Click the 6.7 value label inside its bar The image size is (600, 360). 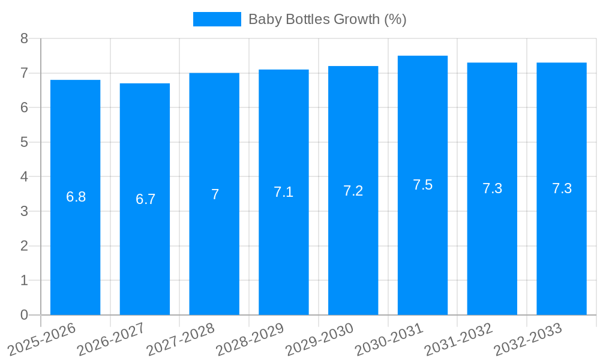coord(145,199)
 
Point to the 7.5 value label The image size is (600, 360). coord(422,185)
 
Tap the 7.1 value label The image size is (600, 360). coord(283,192)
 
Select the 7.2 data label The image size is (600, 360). coord(353,191)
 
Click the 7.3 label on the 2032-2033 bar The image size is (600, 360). coord(562,188)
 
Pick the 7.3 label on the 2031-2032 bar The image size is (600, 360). coord(492,188)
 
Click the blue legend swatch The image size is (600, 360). coord(217,19)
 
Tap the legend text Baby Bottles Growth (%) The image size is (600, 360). coord(327,19)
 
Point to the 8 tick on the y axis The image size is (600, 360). coord(25,38)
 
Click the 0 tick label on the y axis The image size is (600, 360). coord(25,315)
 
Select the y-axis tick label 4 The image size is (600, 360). coord(25,177)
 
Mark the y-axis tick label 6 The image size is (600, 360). coord(25,108)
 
